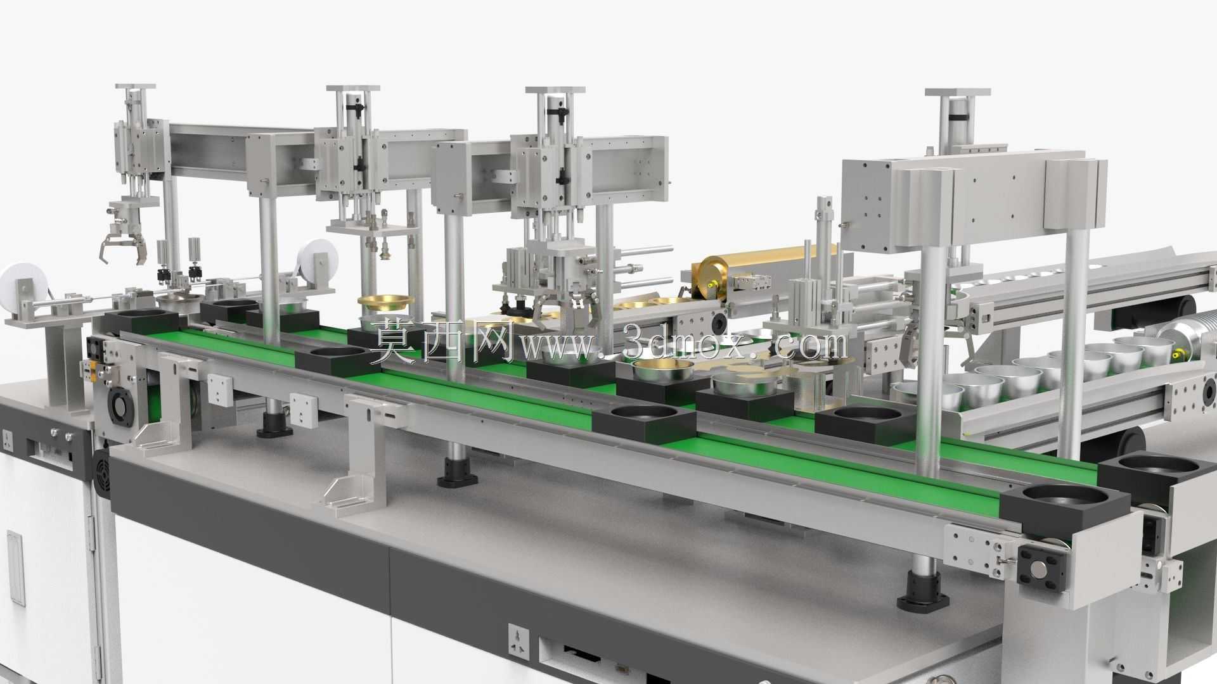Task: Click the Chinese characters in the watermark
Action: [x=444, y=341]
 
